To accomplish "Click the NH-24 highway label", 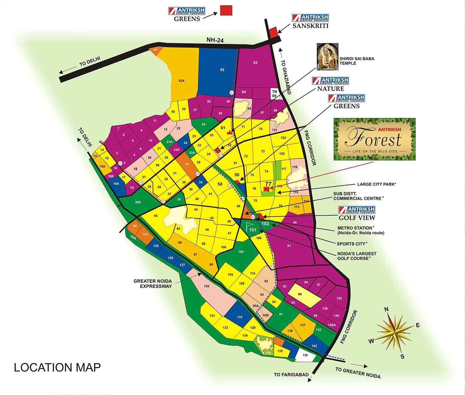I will [x=215, y=40].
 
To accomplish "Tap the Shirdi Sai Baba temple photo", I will [x=327, y=56].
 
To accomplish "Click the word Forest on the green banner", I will [x=374, y=138].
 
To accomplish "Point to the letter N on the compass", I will [x=386, y=309].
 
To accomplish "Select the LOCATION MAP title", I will [x=57, y=367].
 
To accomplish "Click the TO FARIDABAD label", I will [x=291, y=375].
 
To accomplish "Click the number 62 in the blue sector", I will [x=222, y=70].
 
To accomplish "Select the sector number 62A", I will [x=181, y=81].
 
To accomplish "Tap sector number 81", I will [x=289, y=246].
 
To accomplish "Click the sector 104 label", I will [x=241, y=252].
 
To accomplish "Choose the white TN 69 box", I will [x=274, y=94].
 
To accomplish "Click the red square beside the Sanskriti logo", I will [x=273, y=32].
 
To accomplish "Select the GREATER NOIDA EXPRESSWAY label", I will [x=153, y=284].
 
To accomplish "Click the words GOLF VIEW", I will [x=357, y=218].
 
